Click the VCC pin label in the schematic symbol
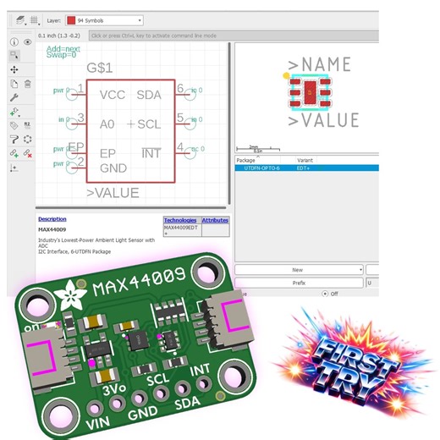113,95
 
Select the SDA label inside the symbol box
149,95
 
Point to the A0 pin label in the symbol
107,124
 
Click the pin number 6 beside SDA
180,89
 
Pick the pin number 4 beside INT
180,148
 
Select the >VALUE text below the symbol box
113,193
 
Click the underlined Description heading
52,219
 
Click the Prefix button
298,283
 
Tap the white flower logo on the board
63,295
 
